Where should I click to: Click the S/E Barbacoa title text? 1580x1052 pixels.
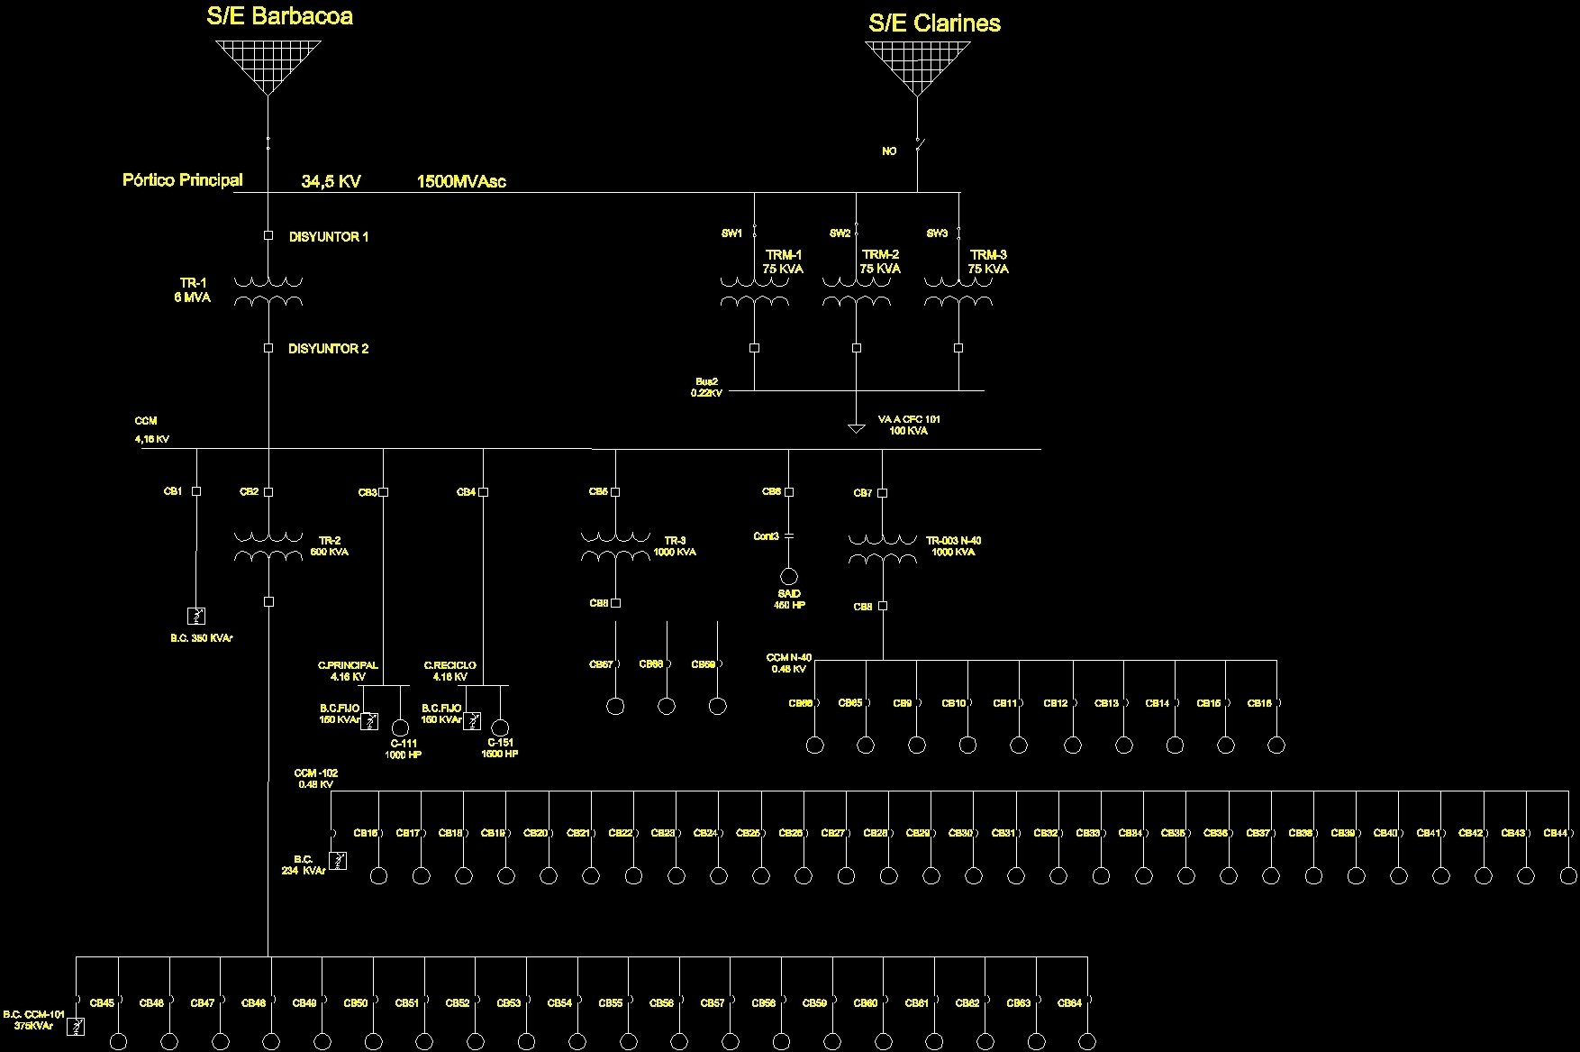279,16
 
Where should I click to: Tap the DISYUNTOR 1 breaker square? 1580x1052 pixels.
268,235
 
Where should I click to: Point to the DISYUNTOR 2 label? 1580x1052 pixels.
328,349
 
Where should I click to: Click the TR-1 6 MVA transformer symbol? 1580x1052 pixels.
268,291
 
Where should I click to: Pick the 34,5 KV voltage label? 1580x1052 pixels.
331,181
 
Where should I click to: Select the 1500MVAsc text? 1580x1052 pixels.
461,181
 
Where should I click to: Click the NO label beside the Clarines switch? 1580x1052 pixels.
889,151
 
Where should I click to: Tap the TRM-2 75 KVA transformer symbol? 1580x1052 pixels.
856,291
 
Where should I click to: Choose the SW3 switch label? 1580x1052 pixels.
937,233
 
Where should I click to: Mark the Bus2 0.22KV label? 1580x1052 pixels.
707,388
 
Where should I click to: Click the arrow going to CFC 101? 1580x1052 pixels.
856,428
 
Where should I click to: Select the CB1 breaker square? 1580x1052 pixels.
196,491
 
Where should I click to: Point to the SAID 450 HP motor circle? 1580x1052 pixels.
789,577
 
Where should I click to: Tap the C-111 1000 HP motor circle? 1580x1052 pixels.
401,727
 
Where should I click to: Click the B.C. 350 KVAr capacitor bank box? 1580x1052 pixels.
195,616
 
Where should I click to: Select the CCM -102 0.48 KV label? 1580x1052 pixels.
315,779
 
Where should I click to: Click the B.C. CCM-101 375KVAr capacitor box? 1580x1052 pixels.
77,1026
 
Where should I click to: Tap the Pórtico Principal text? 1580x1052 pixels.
182,179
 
